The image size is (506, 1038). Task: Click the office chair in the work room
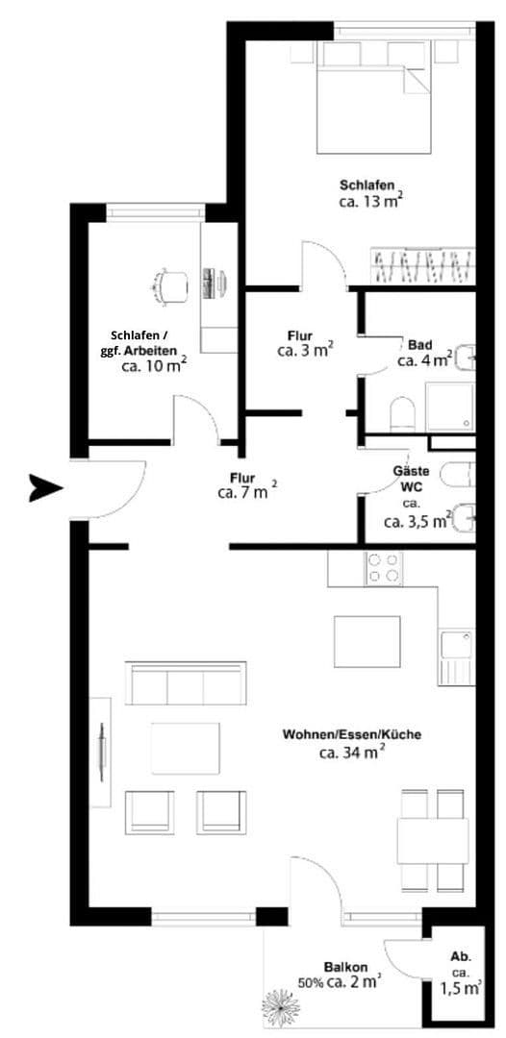(x=171, y=284)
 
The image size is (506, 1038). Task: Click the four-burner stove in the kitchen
(x=384, y=568)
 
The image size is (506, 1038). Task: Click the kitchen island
(x=367, y=641)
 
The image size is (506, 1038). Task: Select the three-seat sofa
(x=184, y=684)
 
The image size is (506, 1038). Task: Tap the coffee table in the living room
(x=186, y=746)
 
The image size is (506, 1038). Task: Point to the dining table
(x=434, y=839)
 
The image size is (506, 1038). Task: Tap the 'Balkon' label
(x=343, y=968)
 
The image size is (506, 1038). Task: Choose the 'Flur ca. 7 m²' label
(x=246, y=485)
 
